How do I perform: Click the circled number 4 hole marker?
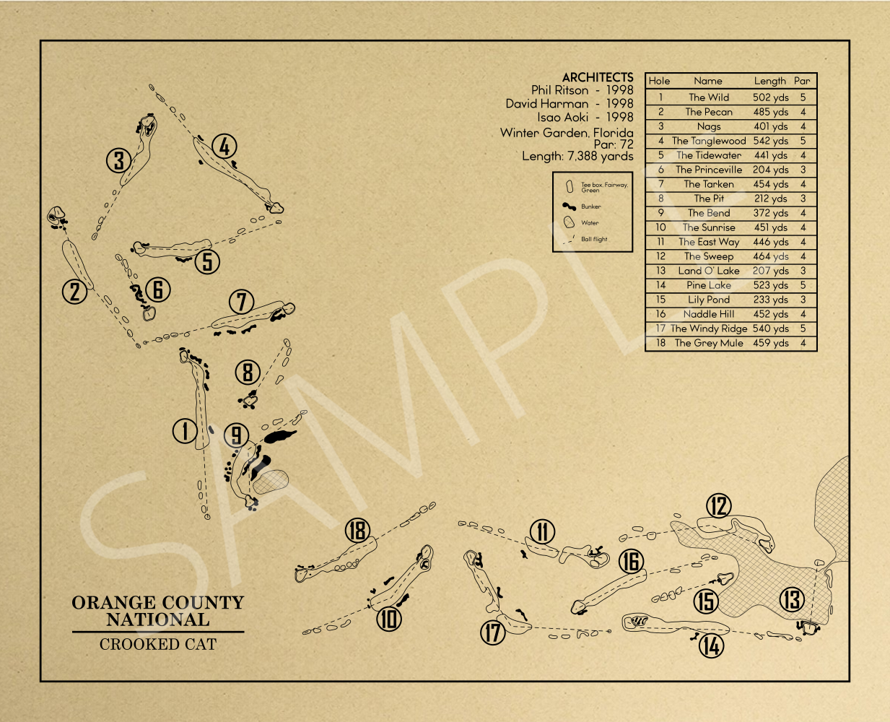click(x=224, y=147)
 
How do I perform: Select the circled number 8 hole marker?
click(x=248, y=373)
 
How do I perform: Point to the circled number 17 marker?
click(x=493, y=632)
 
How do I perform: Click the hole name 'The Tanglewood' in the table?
click(x=709, y=141)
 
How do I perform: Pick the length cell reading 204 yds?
click(x=770, y=170)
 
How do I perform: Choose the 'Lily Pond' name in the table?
click(x=709, y=300)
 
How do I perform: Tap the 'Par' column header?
click(x=802, y=81)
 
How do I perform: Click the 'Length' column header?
click(x=769, y=81)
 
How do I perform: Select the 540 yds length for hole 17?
click(x=770, y=329)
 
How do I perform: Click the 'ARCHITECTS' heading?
click(x=598, y=77)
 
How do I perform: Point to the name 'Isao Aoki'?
click(x=562, y=117)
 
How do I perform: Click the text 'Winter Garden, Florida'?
click(x=567, y=133)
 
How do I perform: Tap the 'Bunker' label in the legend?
click(x=591, y=206)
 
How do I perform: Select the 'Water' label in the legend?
click(x=590, y=222)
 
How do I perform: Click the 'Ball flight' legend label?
click(x=594, y=239)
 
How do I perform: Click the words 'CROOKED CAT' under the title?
click(x=158, y=644)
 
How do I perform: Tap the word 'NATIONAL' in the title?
click(x=158, y=619)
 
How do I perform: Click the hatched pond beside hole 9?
click(x=271, y=482)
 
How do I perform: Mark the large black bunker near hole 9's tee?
click(x=280, y=437)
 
